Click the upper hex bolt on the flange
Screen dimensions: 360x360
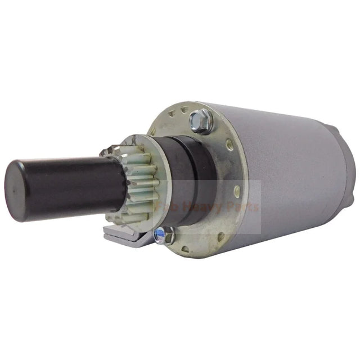pyautogui.click(x=201, y=119)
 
